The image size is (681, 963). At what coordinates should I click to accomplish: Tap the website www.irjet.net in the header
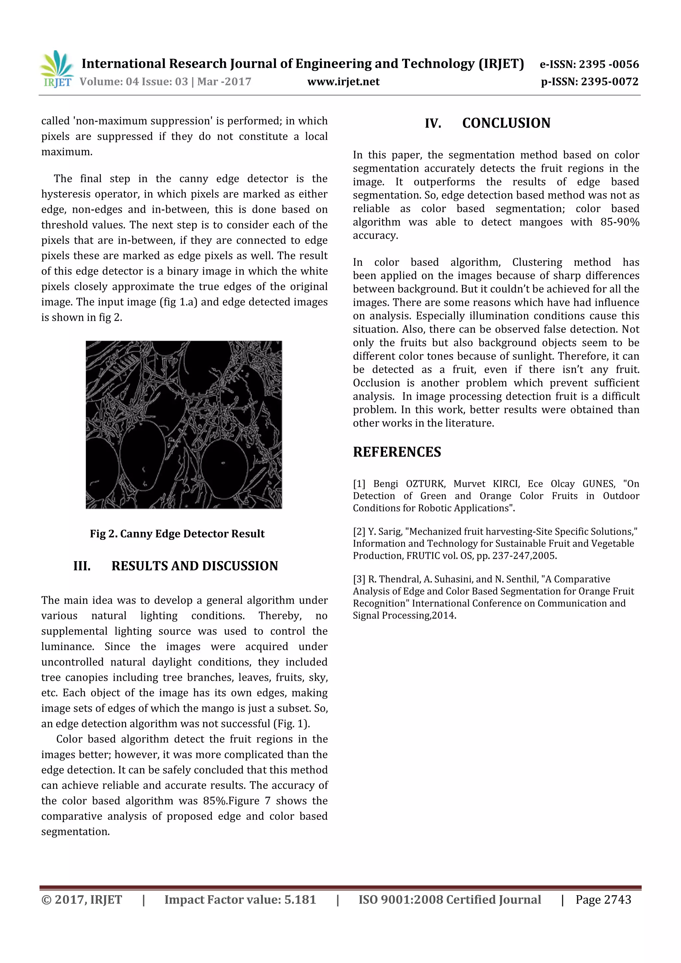343,82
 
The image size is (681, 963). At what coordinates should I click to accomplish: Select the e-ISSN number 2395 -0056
609,64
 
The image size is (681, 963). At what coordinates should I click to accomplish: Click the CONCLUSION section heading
506,123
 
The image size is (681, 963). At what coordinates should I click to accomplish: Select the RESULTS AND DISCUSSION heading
194,566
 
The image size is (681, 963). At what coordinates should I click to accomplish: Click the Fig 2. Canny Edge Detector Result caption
177,534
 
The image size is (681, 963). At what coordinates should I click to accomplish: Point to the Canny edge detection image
184,424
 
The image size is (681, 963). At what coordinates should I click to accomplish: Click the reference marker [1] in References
359,484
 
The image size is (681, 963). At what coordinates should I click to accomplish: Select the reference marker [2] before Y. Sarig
359,532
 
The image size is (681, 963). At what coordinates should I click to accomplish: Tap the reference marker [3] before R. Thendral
359,579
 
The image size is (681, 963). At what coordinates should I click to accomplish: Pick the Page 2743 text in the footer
603,900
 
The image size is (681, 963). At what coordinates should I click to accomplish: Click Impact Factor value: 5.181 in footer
240,900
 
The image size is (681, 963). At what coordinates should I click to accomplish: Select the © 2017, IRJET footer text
82,900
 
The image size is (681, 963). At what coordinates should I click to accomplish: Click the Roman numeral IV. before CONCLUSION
433,124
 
